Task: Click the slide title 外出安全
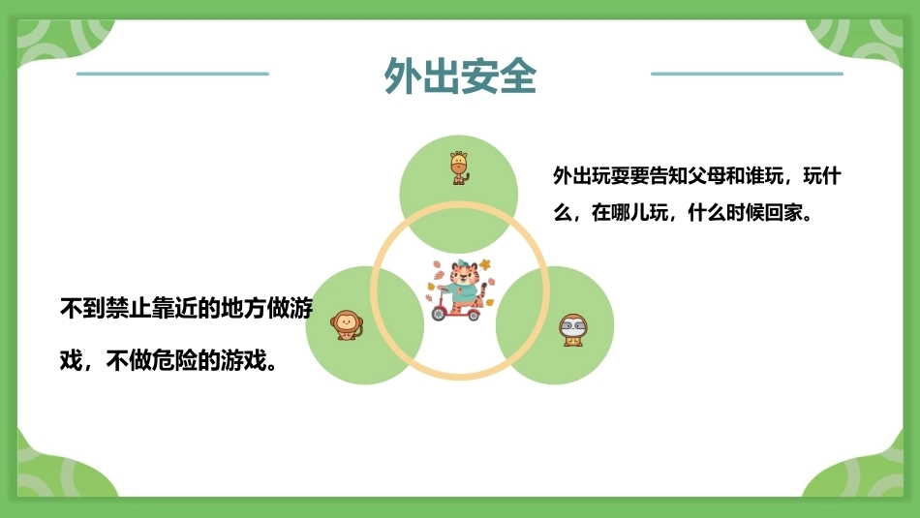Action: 460,76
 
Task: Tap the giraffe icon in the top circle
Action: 459,168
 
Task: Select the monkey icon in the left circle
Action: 346,325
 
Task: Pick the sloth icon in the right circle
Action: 572,330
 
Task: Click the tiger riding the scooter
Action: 461,290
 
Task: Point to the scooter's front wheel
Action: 440,314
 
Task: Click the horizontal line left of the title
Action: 172,74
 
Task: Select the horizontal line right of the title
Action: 747,74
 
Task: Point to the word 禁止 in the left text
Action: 129,308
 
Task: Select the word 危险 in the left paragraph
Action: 174,360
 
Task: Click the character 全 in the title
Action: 518,76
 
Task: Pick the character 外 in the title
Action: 403,76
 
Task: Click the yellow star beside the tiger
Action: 484,264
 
